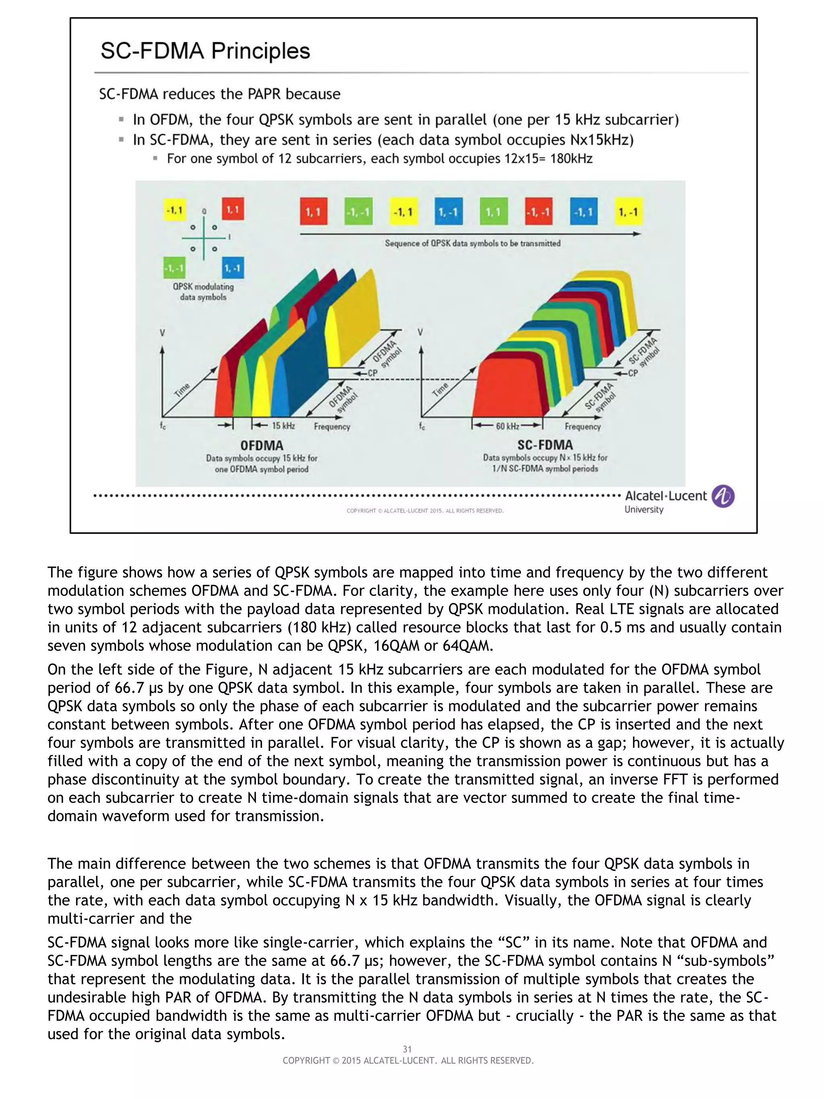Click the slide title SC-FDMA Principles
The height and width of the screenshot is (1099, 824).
pyautogui.click(x=205, y=51)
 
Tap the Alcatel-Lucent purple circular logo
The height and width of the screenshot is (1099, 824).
pyautogui.click(x=723, y=496)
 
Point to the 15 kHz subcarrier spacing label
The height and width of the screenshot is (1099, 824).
pyautogui.click(x=283, y=426)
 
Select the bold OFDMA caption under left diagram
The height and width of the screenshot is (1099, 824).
pyautogui.click(x=262, y=445)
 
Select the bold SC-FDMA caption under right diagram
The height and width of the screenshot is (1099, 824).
pyautogui.click(x=545, y=445)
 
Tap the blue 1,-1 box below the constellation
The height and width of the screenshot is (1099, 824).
pyautogui.click(x=232, y=268)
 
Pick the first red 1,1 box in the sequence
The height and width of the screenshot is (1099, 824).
pyautogui.click(x=313, y=212)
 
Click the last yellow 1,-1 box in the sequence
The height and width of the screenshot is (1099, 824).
pyautogui.click(x=628, y=212)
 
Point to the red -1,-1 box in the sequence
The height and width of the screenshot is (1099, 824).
pyautogui.click(x=538, y=212)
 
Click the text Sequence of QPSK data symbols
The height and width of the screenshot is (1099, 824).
pyautogui.click(x=472, y=243)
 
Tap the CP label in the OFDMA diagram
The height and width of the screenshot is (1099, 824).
pyautogui.click(x=372, y=373)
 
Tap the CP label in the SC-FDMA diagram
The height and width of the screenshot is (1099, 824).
pyautogui.click(x=632, y=373)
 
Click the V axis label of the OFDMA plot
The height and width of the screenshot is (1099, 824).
pyautogui.click(x=162, y=332)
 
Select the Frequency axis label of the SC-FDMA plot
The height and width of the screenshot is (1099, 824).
pyautogui.click(x=582, y=426)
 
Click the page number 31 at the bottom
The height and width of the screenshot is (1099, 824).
pyautogui.click(x=407, y=1049)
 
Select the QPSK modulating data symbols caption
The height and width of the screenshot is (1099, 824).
pyautogui.click(x=203, y=292)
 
